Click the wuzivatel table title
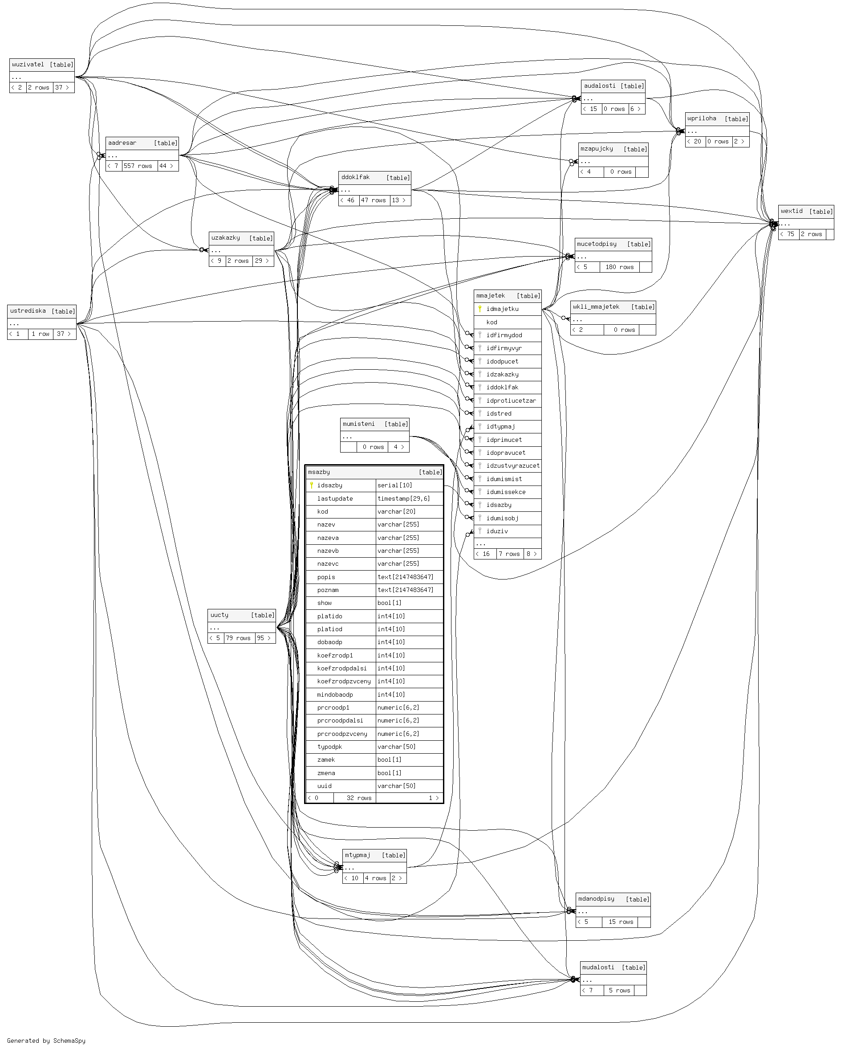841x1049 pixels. pyautogui.click(x=28, y=64)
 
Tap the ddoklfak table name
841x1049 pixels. pyautogui.click(x=355, y=177)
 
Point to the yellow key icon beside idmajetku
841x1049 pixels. pyautogui.click(x=479, y=309)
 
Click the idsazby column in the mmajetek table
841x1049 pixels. pyautogui.click(x=499, y=505)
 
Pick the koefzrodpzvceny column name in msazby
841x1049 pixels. pyautogui.click(x=343, y=681)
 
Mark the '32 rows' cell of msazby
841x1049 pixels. pyautogui.click(x=358, y=798)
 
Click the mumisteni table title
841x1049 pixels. pyautogui.click(x=358, y=424)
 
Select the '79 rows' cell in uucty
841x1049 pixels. pyautogui.click(x=238, y=638)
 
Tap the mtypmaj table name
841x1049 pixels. pyautogui.click(x=358, y=855)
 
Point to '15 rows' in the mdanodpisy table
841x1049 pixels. pyautogui.click(x=621, y=922)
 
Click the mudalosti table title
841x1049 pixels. pyautogui.click(x=598, y=967)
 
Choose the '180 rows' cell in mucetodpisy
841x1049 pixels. pyautogui.click(x=619, y=267)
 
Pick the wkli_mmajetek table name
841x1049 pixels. pyautogui.click(x=596, y=306)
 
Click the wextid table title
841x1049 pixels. pyautogui.click(x=792, y=211)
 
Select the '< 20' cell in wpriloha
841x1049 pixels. pyautogui.click(x=695, y=142)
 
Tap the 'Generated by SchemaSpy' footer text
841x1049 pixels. pyautogui.click(x=46, y=1041)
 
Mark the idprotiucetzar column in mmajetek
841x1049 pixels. pyautogui.click(x=511, y=400)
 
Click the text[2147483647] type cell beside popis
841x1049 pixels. pyautogui.click(x=405, y=577)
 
